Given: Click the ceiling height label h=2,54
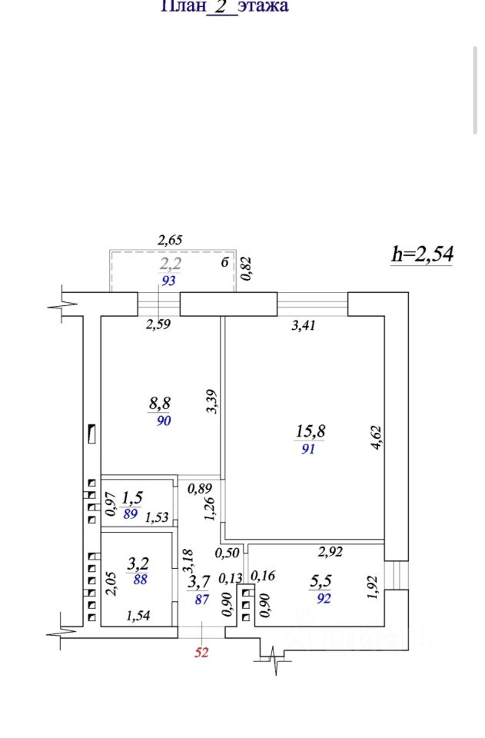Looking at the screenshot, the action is click(422, 254).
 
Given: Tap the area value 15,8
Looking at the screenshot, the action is click(311, 431).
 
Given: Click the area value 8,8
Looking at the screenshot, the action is click(160, 402).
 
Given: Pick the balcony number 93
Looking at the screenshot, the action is click(168, 281).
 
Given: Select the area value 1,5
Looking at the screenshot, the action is click(132, 498).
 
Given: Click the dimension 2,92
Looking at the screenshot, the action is click(330, 551).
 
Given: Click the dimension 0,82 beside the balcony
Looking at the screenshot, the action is click(247, 269).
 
